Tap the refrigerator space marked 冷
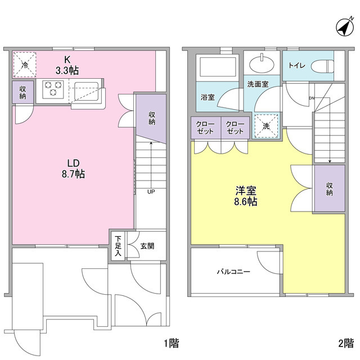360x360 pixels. (x=24, y=65)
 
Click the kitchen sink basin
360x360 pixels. (x=87, y=90)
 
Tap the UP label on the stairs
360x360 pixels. (x=151, y=191)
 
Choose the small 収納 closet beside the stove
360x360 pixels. (x=22, y=92)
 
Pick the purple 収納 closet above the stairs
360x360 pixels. (x=151, y=118)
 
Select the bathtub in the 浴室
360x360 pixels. (x=219, y=68)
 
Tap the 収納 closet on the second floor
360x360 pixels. (x=329, y=188)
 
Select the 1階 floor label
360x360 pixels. (x=171, y=343)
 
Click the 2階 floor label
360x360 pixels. (x=345, y=343)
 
